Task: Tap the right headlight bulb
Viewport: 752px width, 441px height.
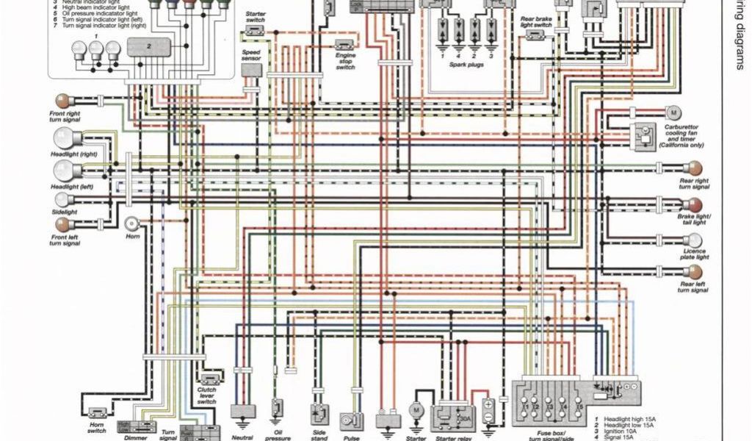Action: coord(65,137)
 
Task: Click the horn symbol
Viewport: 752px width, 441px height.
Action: coord(132,224)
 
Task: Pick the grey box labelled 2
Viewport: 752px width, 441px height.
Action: coord(149,46)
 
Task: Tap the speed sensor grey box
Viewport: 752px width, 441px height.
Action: coord(251,71)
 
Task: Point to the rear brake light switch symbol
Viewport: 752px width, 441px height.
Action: coord(537,35)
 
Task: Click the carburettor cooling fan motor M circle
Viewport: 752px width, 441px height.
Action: coord(673,112)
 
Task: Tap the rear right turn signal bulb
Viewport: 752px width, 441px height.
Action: coord(694,168)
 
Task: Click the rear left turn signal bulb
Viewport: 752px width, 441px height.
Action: coord(694,272)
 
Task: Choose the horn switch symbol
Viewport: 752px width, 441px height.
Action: coord(97,414)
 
